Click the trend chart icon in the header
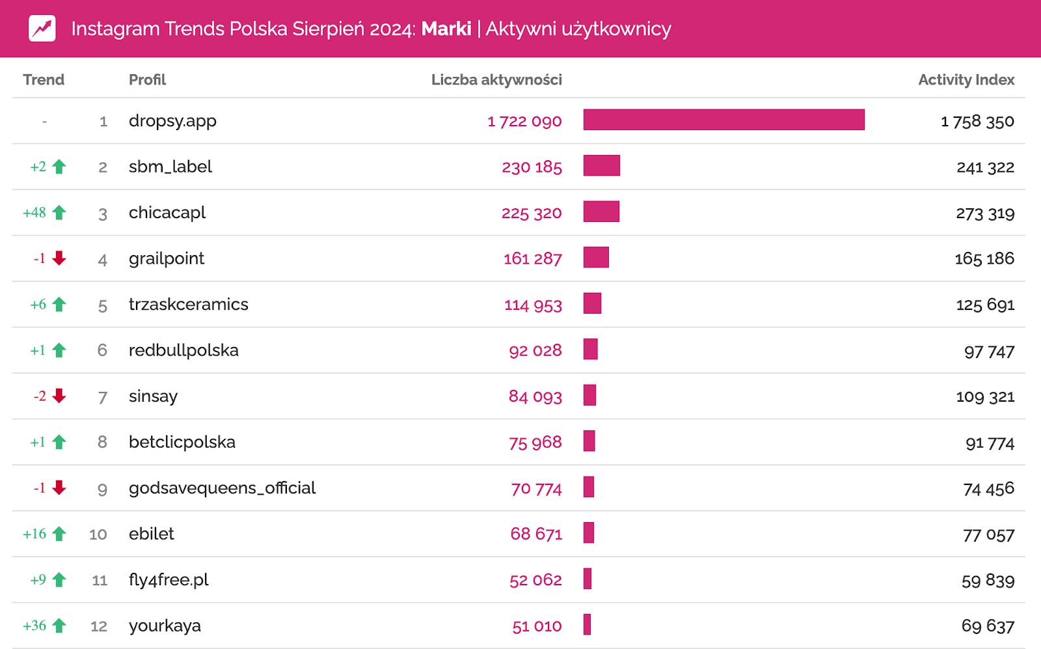point(42,29)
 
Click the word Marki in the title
point(446,29)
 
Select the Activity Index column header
point(966,79)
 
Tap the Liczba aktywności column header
point(496,79)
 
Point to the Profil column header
point(147,79)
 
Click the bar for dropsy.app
point(723,120)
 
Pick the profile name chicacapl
point(167,213)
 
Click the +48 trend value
point(34,213)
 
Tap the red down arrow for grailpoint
point(59,258)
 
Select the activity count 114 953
point(533,305)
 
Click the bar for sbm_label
point(601,166)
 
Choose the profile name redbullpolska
point(183,350)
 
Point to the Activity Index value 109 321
point(985,396)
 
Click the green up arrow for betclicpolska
point(59,442)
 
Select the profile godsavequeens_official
point(222,488)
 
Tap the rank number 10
point(98,534)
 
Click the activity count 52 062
point(535,580)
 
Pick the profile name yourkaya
point(165,626)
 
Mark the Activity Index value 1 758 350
point(977,121)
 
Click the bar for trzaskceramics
point(592,303)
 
